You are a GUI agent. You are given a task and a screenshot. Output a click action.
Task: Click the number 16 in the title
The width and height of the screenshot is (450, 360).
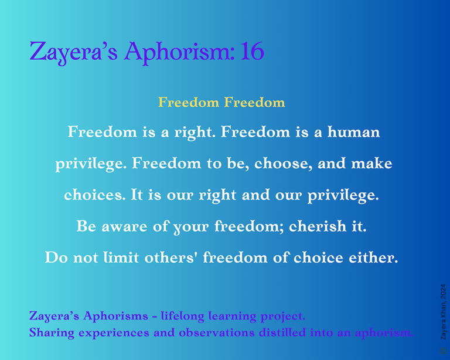253,51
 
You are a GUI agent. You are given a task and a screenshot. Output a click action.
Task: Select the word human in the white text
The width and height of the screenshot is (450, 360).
353,132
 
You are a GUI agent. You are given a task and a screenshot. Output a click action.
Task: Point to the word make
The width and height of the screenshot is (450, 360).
371,164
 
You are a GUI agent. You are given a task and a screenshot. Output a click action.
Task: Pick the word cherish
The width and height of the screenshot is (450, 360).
318,226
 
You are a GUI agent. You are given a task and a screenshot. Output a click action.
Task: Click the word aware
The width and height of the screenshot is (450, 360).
125,227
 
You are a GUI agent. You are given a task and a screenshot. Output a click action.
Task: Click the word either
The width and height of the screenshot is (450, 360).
373,257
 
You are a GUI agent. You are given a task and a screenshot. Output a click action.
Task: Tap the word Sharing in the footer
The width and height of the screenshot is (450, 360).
52,333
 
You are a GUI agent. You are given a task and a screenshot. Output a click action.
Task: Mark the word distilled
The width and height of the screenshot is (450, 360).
282,332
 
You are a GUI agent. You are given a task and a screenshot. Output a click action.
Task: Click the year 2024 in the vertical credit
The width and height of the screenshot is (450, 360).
443,292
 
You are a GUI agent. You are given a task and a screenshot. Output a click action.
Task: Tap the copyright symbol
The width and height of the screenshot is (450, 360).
443,351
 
